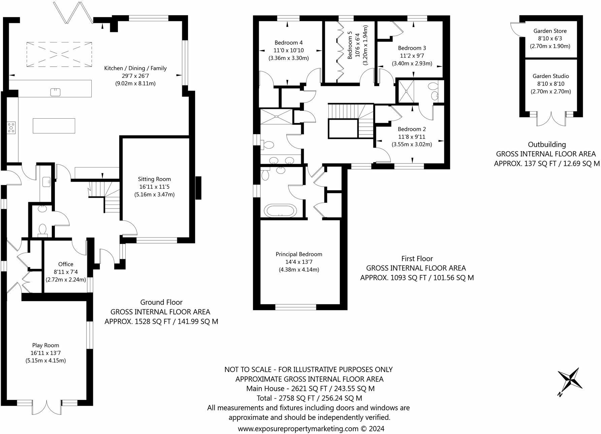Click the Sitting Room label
(154, 179)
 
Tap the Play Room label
(45, 345)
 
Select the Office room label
(65, 264)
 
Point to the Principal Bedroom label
(299, 254)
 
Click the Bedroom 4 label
(288, 42)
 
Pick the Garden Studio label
(551, 76)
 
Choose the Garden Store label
(550, 31)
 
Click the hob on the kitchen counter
(11, 128)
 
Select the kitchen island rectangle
(54, 126)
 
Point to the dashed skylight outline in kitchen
(59, 54)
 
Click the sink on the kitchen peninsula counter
(54, 92)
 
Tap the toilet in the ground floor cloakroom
(42, 229)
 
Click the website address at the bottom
(311, 429)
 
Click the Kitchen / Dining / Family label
(135, 68)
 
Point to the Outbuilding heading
(547, 145)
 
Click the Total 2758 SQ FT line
(309, 398)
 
